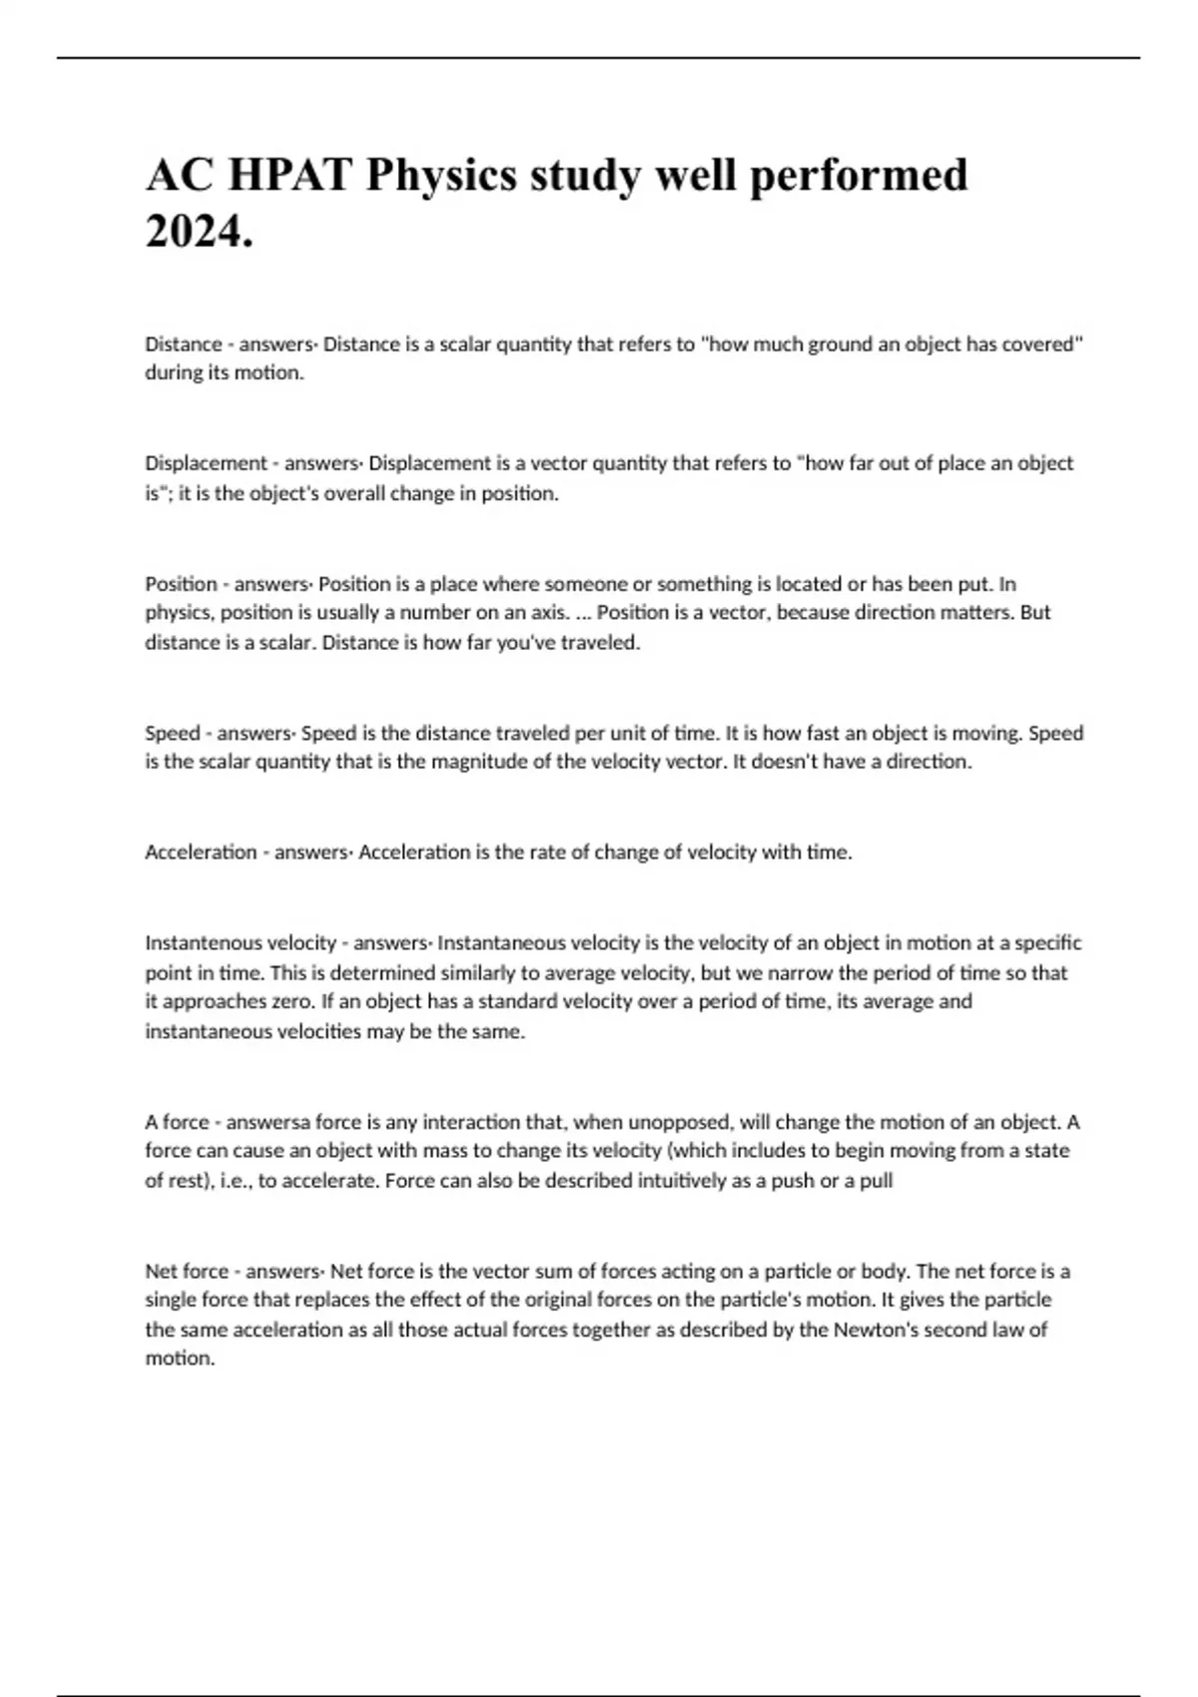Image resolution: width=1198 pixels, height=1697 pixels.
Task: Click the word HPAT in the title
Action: click(290, 176)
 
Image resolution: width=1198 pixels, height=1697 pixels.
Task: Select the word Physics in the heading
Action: click(441, 176)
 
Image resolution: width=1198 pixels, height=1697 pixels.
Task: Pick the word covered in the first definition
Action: click(1043, 344)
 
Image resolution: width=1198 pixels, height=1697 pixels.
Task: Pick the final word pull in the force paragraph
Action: click(875, 1181)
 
